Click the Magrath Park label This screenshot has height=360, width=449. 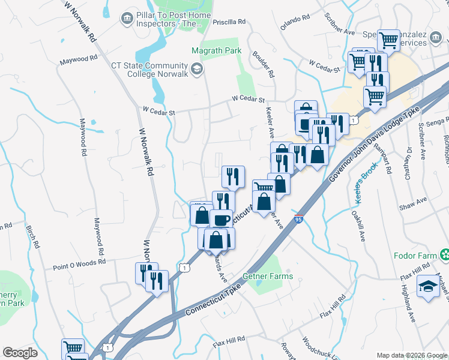(x=216, y=51)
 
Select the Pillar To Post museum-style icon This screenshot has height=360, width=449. (x=127, y=19)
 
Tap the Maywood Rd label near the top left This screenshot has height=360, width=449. (x=78, y=60)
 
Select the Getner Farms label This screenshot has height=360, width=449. (x=268, y=277)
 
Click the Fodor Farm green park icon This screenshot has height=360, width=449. (x=444, y=256)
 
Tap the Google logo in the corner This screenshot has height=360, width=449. (x=20, y=353)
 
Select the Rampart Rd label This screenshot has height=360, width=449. (x=382, y=157)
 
